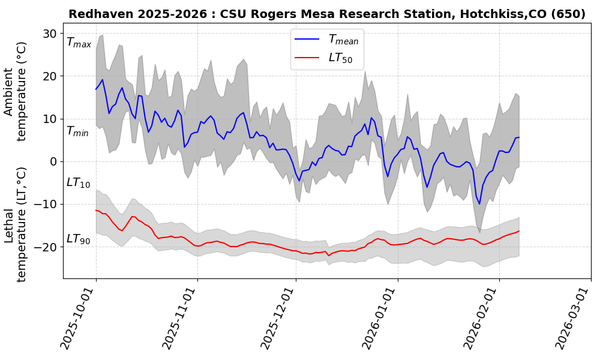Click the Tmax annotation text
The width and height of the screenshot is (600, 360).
pos(79,43)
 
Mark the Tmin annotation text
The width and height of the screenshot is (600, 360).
pos(77,131)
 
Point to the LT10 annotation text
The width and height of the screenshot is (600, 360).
pos(78,182)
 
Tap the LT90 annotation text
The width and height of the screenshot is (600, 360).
pos(78,239)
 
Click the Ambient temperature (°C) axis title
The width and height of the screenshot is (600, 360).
pos(16,104)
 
